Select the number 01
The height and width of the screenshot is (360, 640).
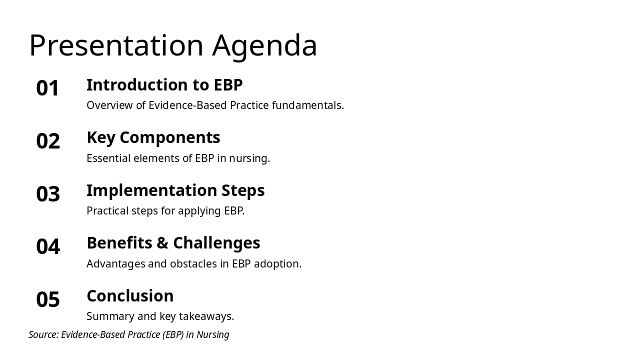[47, 88]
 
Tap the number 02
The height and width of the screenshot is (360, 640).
[48, 141]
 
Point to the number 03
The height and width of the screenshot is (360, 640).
[48, 193]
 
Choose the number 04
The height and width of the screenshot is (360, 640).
[48, 246]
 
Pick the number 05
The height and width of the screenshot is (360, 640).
[48, 299]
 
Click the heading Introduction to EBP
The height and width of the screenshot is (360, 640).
[164, 85]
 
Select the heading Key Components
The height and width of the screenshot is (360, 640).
[153, 138]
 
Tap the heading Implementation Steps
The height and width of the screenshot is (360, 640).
[175, 190]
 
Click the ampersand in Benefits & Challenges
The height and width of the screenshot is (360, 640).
[162, 243]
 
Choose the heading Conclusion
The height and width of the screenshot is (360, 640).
[130, 295]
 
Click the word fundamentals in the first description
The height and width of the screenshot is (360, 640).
[308, 105]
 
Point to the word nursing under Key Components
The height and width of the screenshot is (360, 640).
[249, 158]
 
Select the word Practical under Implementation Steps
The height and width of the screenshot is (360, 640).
[107, 211]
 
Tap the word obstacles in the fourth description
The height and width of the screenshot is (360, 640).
[193, 263]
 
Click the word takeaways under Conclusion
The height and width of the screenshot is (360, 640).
[206, 316]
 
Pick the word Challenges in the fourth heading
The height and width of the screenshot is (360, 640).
[216, 243]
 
